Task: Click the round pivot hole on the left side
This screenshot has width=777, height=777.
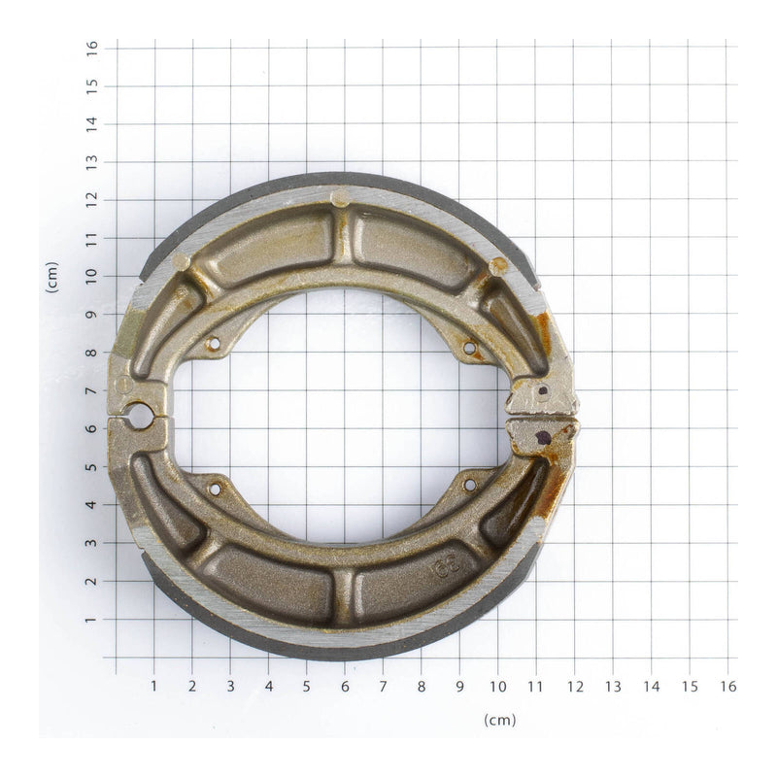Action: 139,416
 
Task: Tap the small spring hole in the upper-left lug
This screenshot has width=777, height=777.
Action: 214,344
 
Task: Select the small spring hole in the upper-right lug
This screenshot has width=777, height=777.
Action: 469,348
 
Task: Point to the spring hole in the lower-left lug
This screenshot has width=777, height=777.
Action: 215,489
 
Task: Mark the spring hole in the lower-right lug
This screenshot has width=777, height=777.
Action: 469,484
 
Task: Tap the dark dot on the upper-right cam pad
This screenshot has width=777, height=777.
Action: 542,391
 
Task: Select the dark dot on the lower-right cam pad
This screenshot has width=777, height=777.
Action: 543,437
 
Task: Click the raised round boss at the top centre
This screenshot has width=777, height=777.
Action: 339,198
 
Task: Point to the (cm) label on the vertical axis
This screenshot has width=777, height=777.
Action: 51,278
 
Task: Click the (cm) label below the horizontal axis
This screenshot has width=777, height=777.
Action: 499,720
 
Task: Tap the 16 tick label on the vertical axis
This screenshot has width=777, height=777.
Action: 91,47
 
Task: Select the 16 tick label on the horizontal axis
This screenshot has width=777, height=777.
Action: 727,687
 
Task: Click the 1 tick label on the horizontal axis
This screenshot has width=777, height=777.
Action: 153,687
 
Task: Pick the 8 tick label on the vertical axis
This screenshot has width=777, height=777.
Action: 91,352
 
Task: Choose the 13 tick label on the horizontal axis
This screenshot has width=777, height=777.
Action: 613,687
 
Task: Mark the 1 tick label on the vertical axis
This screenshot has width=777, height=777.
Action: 91,619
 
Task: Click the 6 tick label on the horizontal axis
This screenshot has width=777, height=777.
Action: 345,687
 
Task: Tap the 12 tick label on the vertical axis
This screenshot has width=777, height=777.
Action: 91,199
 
